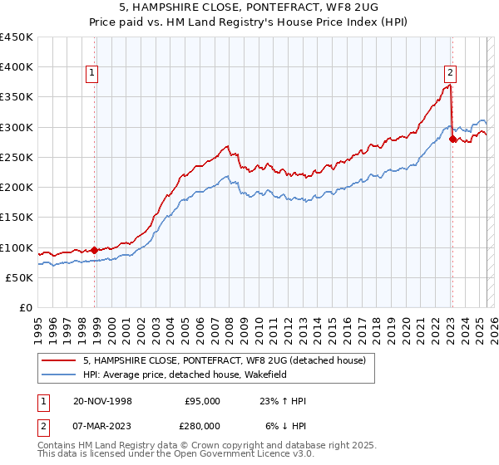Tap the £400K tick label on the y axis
click(x=17, y=67)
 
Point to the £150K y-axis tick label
click(x=17, y=218)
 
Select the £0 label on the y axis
click(x=25, y=308)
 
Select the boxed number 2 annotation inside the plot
click(x=449, y=71)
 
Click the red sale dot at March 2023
click(x=452, y=139)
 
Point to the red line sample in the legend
click(x=59, y=360)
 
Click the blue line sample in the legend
click(x=59, y=375)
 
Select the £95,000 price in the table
click(x=202, y=401)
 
